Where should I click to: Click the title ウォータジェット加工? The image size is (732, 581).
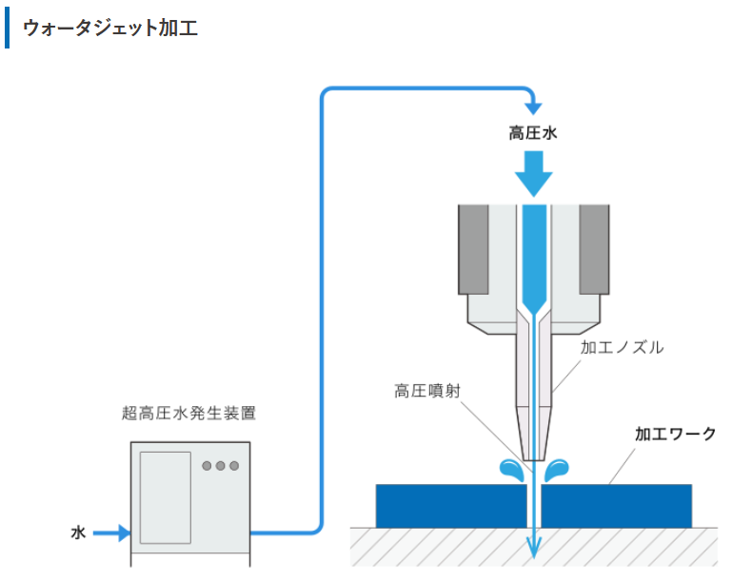pos(110,28)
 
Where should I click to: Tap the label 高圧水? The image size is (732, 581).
pos(533,133)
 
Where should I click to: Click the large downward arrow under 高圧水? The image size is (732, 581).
pos(534,173)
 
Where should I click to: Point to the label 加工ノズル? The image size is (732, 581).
pos(622,347)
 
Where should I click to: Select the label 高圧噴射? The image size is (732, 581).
pos(427,391)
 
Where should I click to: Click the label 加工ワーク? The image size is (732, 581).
pos(675,435)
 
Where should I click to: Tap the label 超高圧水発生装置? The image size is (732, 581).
pos(188,413)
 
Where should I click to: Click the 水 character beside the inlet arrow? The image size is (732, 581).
pos(78,533)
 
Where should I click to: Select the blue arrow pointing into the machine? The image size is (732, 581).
pos(112,533)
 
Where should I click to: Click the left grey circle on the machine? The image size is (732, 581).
pos(207,465)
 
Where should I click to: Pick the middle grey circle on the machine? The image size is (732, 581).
pos(220,465)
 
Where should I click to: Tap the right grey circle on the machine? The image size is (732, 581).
pos(234,465)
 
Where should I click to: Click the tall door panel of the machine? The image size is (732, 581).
pos(166,497)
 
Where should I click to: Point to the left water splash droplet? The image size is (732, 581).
pos(512,470)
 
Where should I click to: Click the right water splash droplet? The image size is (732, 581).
pos(557,470)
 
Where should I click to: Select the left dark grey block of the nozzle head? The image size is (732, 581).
pos(473,249)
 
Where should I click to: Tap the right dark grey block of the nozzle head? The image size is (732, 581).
pos(594,249)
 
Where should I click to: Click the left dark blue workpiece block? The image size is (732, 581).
pos(451,506)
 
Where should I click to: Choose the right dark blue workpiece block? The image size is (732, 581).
pos(616,506)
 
